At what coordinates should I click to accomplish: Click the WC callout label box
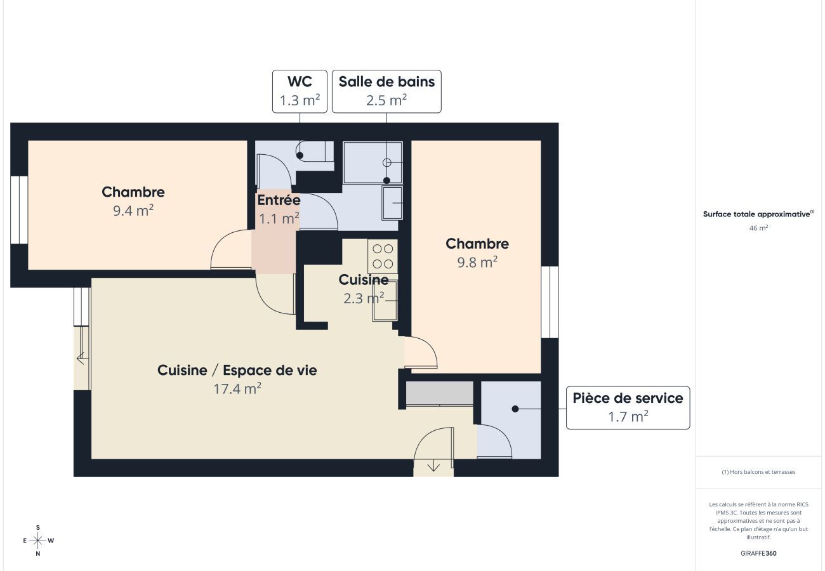300,91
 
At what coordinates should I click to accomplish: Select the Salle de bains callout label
386,91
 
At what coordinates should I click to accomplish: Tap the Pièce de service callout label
628,407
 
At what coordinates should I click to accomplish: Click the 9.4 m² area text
133,211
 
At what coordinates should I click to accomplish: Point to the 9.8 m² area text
477,262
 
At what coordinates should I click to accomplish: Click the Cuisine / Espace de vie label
237,371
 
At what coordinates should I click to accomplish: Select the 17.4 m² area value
237,389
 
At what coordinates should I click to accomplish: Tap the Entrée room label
278,200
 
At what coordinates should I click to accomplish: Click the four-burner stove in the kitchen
383,256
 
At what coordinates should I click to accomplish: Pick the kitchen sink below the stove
385,300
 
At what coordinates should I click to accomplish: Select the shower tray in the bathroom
373,162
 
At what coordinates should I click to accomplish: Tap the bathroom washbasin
392,203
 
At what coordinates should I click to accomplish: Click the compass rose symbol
38,541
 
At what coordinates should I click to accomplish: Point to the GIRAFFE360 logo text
758,553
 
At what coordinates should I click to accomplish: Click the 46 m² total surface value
758,227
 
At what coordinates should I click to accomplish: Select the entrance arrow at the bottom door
433,467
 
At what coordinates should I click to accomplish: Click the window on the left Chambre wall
20,210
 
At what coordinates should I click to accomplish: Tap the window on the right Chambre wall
550,302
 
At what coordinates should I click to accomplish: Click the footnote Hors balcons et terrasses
758,472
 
